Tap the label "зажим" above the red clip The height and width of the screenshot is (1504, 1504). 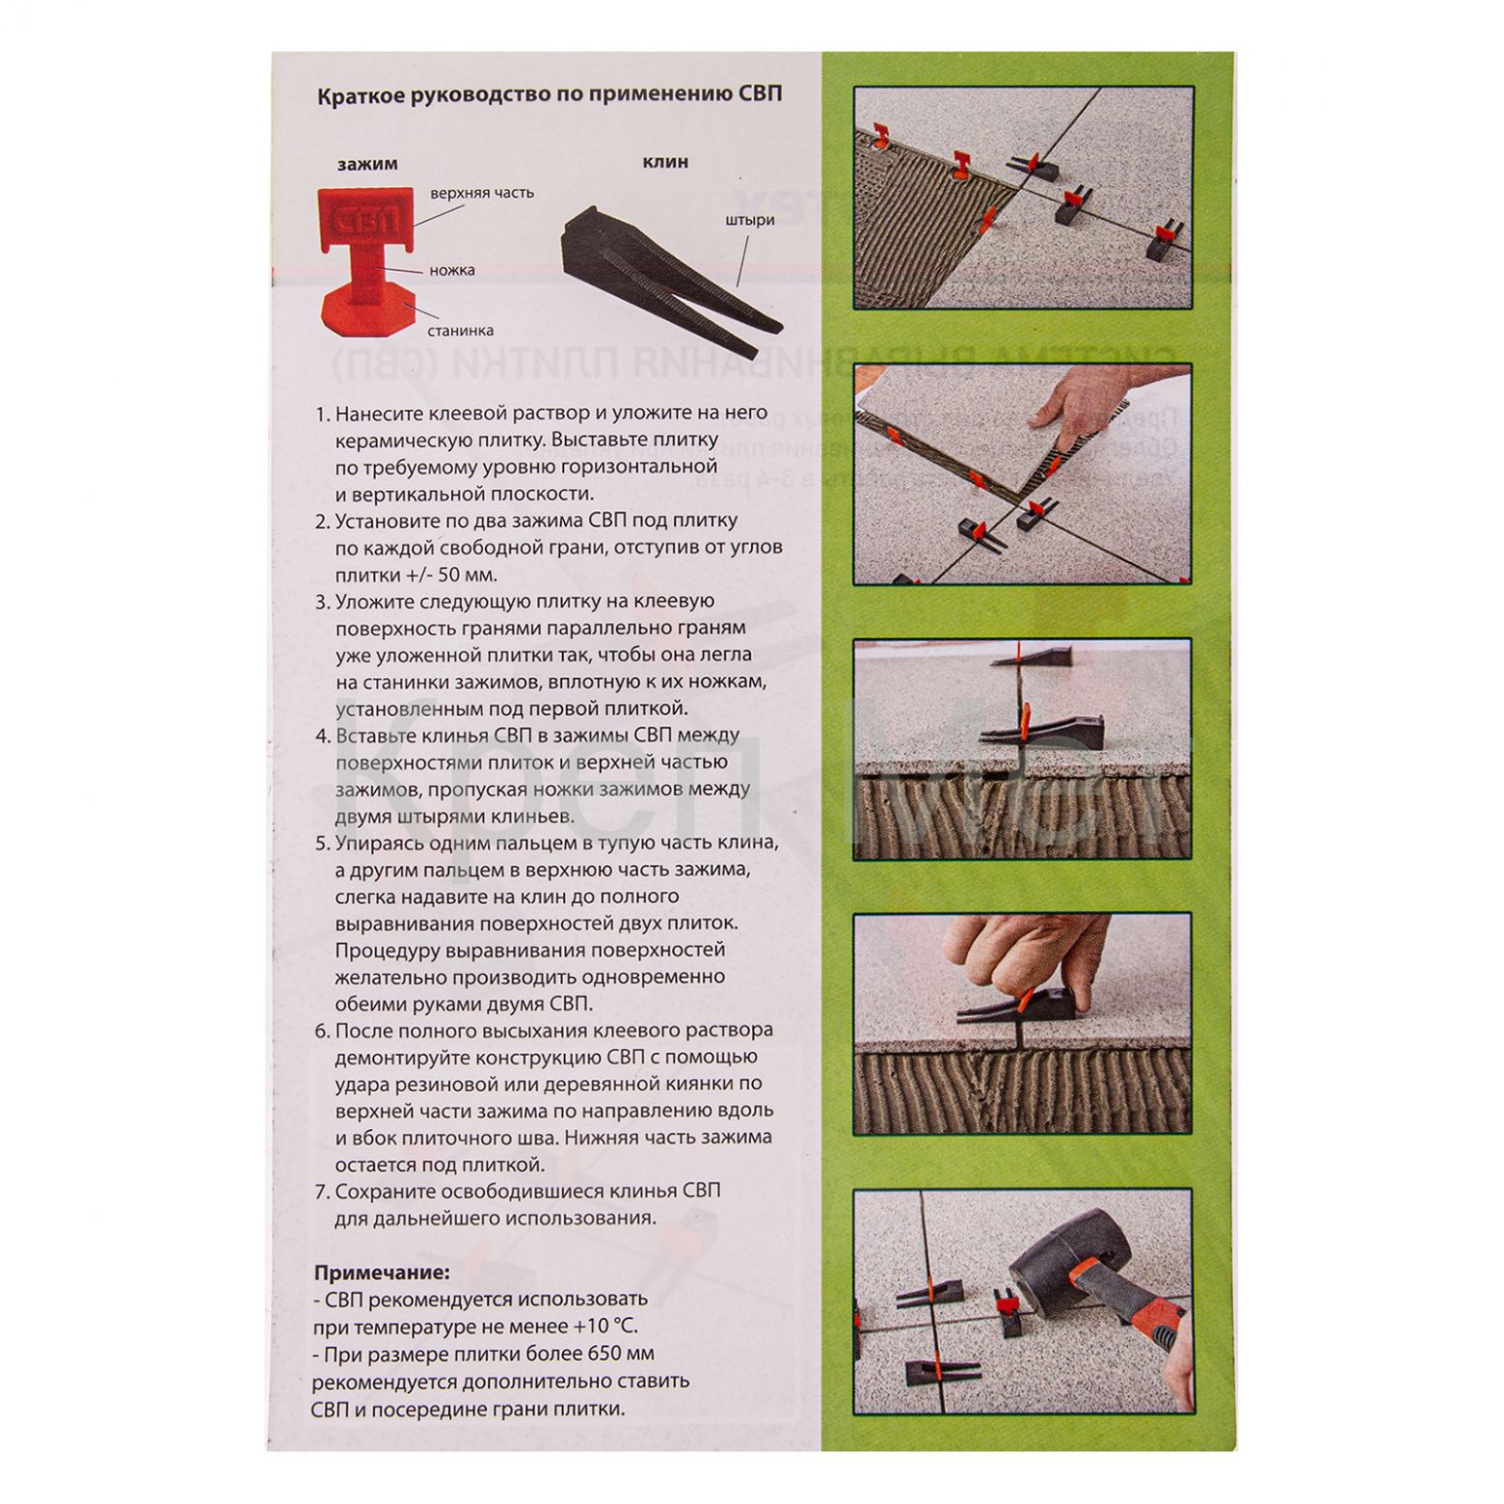[x=367, y=164]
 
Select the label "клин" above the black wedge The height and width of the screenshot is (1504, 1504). [x=665, y=162]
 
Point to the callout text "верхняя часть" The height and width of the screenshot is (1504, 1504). [x=482, y=193]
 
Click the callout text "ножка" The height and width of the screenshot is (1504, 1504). [x=452, y=271]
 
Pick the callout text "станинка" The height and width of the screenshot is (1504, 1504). [x=462, y=331]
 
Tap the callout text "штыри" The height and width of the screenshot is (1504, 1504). [x=750, y=220]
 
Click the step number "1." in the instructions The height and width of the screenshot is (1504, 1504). [x=323, y=414]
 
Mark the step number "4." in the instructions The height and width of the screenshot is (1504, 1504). [x=323, y=736]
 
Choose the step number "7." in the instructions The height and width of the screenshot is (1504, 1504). [x=323, y=1191]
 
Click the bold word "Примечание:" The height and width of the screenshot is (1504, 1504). [x=382, y=1273]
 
